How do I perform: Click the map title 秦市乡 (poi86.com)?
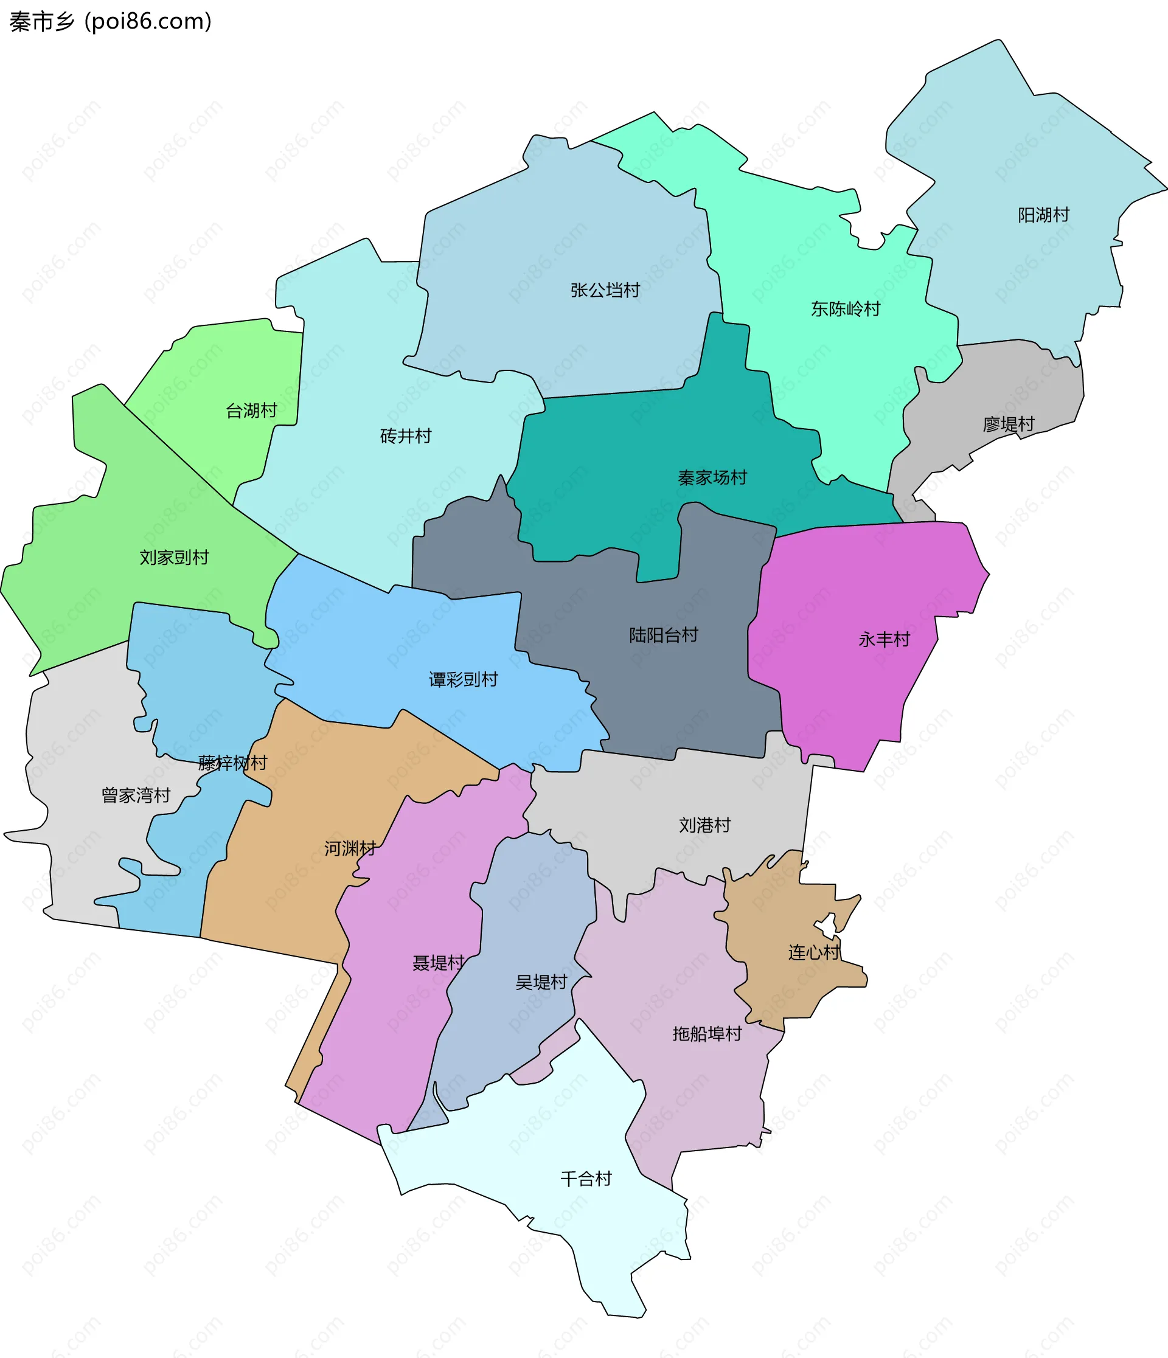(110, 22)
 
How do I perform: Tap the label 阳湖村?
(1043, 215)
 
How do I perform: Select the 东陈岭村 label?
(845, 309)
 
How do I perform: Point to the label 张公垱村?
(604, 290)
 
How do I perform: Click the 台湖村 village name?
(251, 411)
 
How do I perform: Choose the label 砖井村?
(405, 436)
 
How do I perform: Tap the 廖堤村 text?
(1008, 424)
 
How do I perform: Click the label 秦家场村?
(712, 478)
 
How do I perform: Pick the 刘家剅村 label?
(174, 558)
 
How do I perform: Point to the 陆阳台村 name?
(663, 635)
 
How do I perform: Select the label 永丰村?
(884, 640)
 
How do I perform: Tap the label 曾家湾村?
(136, 795)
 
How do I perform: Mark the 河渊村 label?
(350, 849)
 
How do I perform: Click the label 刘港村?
(704, 825)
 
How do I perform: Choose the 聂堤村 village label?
(438, 963)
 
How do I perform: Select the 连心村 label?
(813, 952)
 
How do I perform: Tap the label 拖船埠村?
(706, 1034)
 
